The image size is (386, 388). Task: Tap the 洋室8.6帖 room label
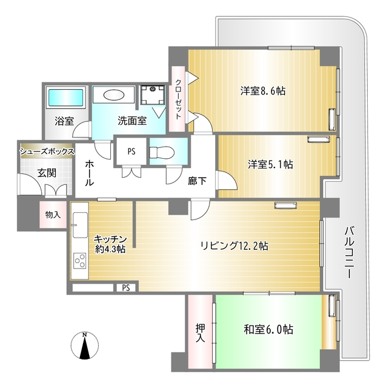click(263, 91)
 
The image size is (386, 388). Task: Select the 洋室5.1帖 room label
click(270, 164)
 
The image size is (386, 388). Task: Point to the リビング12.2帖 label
click(235, 246)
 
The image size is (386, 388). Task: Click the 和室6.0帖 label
click(268, 330)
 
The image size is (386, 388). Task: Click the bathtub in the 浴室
click(66, 97)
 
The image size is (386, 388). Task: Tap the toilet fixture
click(164, 152)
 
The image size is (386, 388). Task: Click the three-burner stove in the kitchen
click(81, 261)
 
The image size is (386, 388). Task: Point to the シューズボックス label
click(47, 151)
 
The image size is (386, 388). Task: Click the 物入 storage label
click(53, 214)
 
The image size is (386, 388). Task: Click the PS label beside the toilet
click(131, 152)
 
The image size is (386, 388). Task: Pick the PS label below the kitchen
click(126, 287)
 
